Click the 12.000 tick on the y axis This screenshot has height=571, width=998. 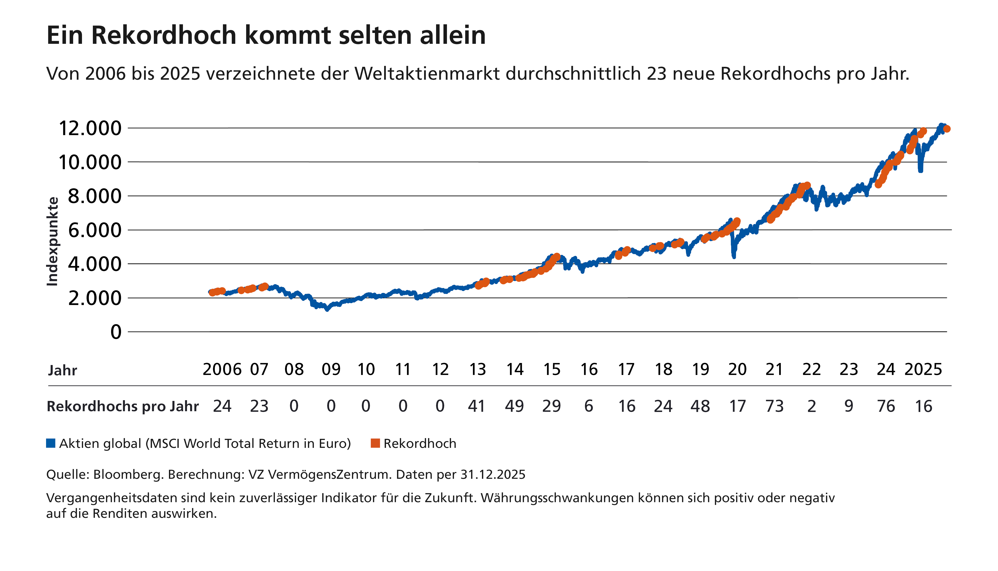coord(90,128)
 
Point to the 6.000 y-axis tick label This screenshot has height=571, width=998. coord(95,230)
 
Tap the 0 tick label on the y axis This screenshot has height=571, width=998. coord(116,332)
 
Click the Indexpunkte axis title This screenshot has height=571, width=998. coord(53,241)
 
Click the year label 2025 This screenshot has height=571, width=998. coord(923,369)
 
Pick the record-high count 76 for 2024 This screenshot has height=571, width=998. coord(886,406)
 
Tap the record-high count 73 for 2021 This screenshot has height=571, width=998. coord(774,406)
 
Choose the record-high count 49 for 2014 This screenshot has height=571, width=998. coord(514,406)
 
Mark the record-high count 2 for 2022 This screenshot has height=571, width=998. coord(812,406)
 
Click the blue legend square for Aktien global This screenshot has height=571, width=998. coord(51,443)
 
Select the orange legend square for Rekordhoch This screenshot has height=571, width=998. coord(375,443)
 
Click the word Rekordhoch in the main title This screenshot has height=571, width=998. coord(164,35)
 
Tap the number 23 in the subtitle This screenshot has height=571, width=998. coord(657,74)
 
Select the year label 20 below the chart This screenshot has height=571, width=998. coord(737,369)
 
